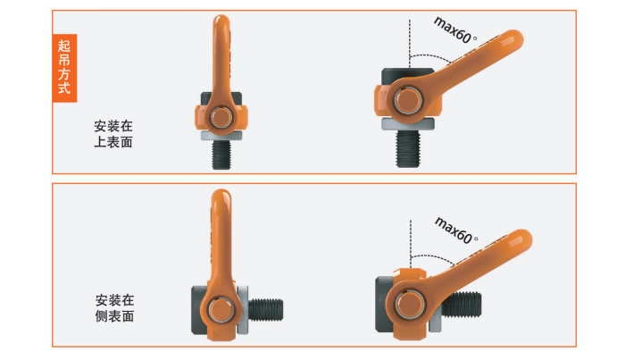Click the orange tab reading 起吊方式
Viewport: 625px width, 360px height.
[x=64, y=68]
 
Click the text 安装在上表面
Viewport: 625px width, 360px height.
[x=113, y=134]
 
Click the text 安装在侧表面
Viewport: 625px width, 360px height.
[x=114, y=308]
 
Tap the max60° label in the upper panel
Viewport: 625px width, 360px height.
[x=455, y=30]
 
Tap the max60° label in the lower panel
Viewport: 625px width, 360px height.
[x=456, y=230]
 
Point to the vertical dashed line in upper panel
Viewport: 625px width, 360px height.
[x=409, y=44]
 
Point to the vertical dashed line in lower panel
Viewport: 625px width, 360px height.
[x=411, y=245]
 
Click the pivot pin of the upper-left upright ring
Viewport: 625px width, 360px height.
[x=221, y=117]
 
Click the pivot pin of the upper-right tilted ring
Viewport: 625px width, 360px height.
[x=408, y=100]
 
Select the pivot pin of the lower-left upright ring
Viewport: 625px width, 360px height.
[x=221, y=310]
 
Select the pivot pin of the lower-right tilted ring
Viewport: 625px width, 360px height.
[x=409, y=305]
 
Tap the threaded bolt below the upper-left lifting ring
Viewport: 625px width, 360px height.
[x=221, y=155]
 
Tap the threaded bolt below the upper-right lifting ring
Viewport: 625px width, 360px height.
[x=408, y=148]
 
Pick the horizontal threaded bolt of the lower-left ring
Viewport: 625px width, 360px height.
[x=265, y=310]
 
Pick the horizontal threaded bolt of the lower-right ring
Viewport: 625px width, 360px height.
[x=462, y=305]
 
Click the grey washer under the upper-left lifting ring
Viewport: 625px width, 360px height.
[x=221, y=136]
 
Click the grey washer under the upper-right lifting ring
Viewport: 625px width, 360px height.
[x=408, y=124]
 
